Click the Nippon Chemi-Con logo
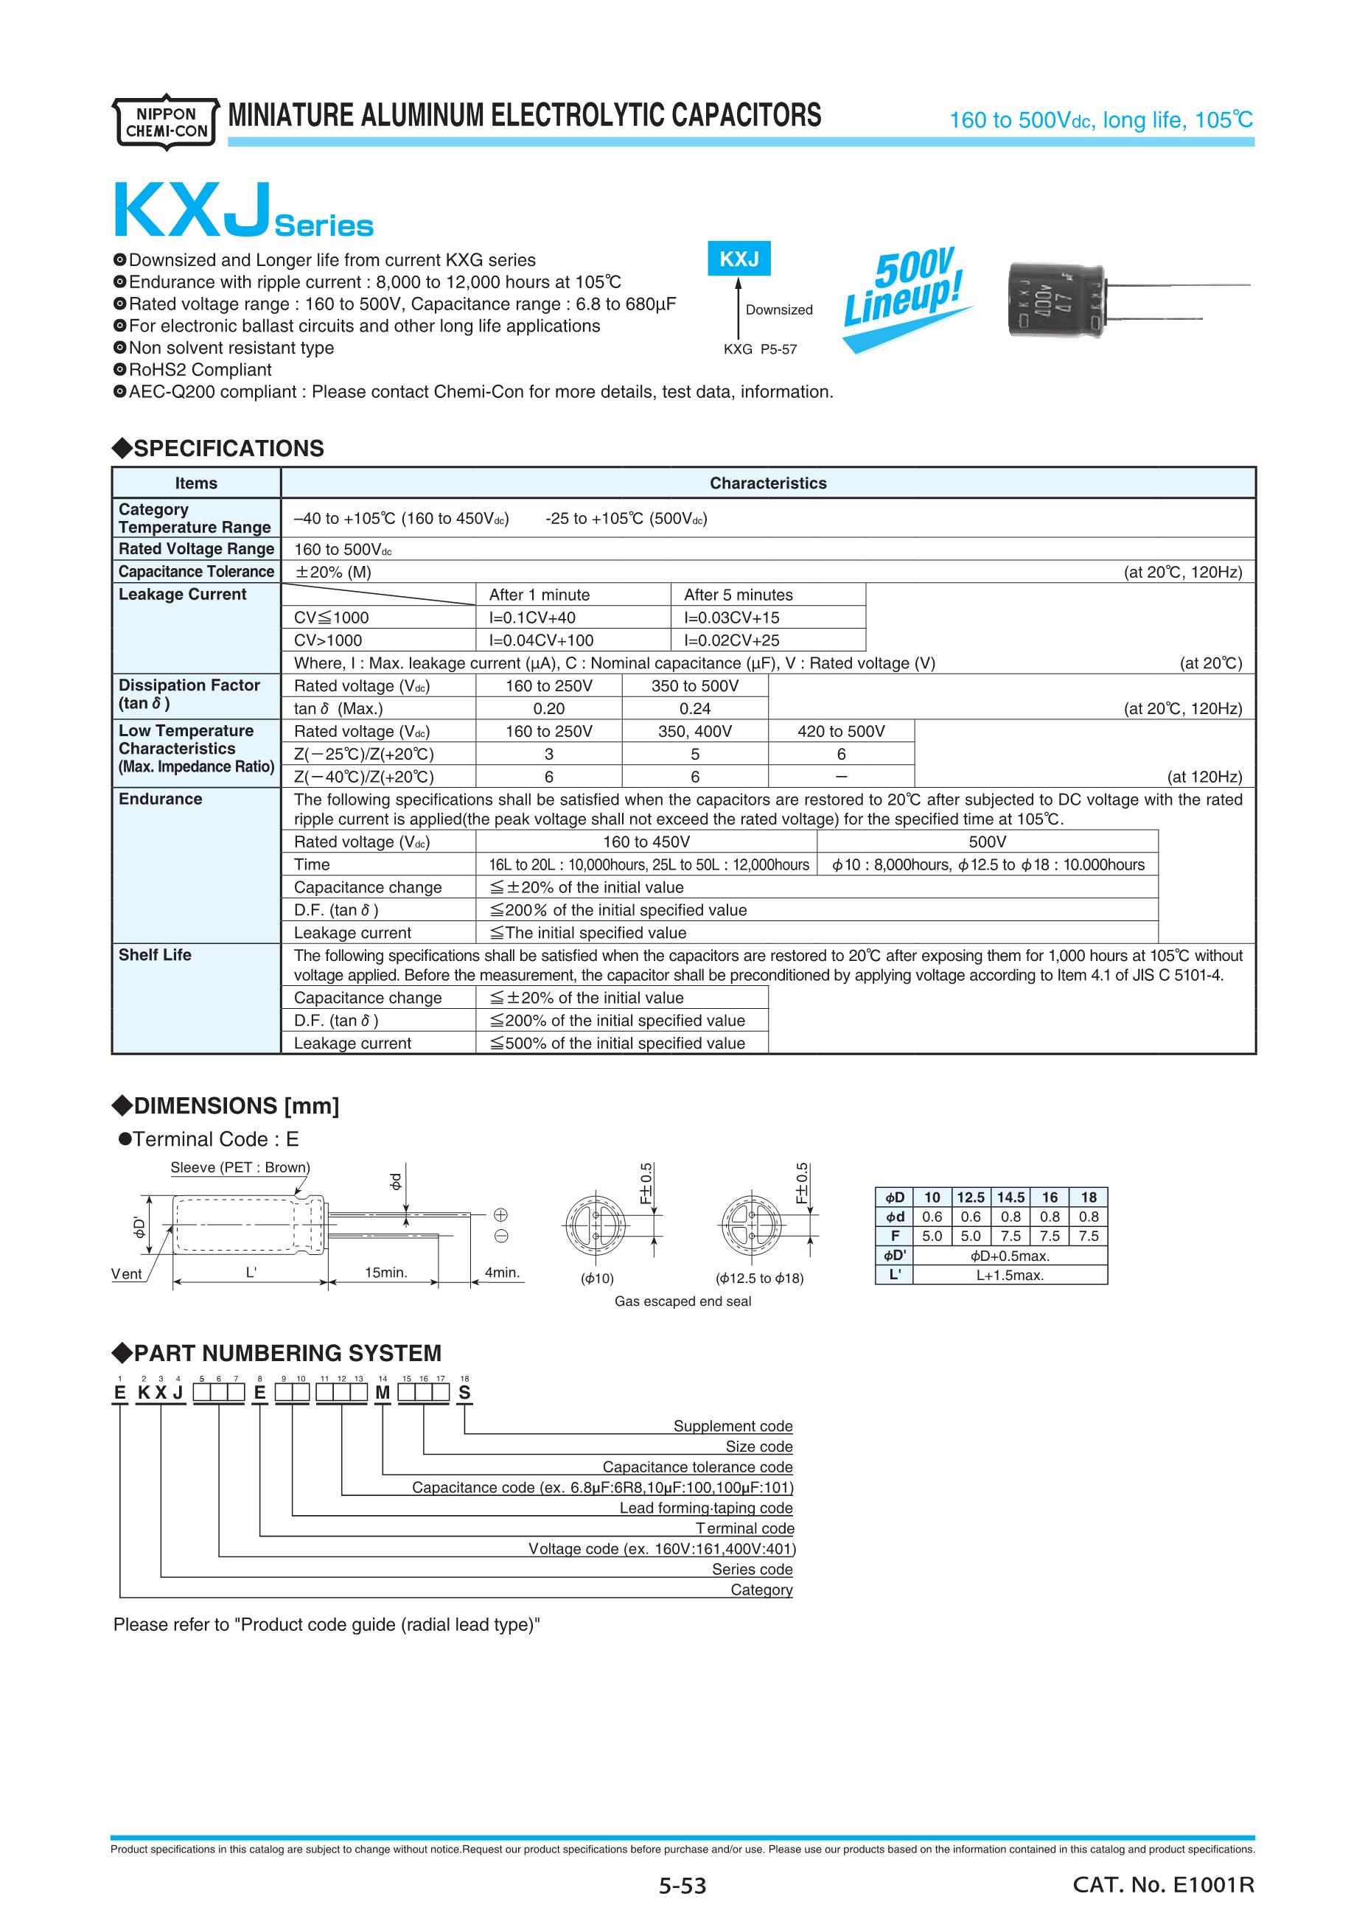tap(165, 122)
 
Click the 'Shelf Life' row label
tap(155, 955)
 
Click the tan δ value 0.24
tap(694, 709)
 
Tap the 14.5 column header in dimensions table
tap(1010, 1197)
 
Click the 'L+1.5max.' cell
tap(1010, 1274)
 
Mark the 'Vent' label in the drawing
tap(126, 1273)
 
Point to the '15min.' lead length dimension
tap(385, 1273)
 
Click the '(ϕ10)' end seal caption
tap(597, 1279)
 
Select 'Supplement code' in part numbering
tap(732, 1426)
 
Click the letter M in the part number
tap(383, 1393)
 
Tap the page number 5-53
tap(682, 1886)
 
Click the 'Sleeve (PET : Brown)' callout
tap(240, 1167)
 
